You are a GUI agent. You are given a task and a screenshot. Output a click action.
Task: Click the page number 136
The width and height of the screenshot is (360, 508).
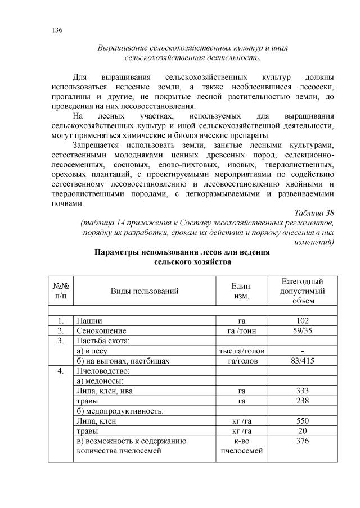click(x=55, y=30)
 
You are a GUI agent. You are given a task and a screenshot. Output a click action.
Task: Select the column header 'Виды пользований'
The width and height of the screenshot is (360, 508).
click(x=145, y=291)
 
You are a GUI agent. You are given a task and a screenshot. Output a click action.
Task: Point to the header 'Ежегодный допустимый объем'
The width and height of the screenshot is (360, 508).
click(x=303, y=291)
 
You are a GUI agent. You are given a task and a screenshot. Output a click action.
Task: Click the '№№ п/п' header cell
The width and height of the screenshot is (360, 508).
click(x=61, y=291)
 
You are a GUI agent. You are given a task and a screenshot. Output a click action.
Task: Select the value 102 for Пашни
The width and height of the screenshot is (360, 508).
click(x=303, y=320)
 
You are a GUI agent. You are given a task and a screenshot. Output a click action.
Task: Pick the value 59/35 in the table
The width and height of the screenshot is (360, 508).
click(x=303, y=330)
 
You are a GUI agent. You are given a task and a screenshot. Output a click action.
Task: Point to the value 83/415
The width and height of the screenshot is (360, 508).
click(x=303, y=361)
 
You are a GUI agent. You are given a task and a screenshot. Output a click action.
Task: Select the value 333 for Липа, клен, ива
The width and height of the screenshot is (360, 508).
click(x=303, y=391)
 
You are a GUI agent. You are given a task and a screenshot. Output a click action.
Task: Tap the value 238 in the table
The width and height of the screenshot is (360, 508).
click(x=303, y=401)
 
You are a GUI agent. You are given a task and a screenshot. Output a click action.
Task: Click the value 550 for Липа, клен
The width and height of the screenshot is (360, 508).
click(x=303, y=421)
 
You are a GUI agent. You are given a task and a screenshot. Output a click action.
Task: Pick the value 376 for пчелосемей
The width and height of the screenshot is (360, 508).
click(x=303, y=441)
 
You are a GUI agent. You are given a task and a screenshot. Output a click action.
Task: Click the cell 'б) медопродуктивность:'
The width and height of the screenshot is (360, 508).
click(x=120, y=411)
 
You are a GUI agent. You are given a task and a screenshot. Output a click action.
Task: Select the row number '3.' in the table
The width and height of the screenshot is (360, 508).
click(x=61, y=341)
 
